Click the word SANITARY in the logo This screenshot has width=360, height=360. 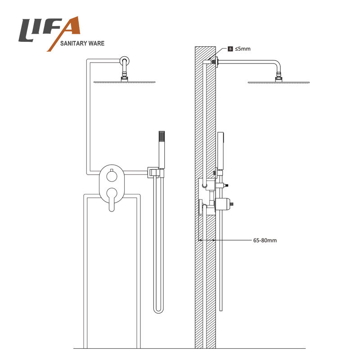point(73,43)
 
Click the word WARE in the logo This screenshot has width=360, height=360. point(97,43)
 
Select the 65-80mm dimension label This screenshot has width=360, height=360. point(265,240)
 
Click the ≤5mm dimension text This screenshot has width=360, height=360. point(243,49)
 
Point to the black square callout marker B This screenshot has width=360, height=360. point(230,49)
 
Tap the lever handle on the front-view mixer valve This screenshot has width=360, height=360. point(112,199)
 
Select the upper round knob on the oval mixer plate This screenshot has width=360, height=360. point(112,176)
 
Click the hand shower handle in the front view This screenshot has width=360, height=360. point(162,150)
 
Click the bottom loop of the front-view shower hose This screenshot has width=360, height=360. point(159,310)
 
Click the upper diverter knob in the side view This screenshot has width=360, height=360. point(222,185)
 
